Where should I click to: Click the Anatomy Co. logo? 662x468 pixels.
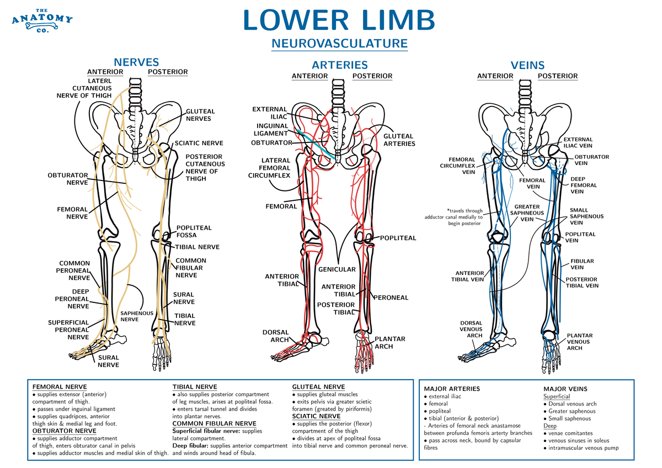pyautogui.click(x=42, y=21)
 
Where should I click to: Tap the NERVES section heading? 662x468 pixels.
pyautogui.click(x=136, y=62)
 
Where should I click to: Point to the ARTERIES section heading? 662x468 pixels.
pyautogui.click(x=340, y=65)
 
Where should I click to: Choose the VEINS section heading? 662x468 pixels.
pyautogui.click(x=527, y=65)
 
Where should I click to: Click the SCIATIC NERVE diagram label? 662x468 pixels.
pyautogui.click(x=199, y=143)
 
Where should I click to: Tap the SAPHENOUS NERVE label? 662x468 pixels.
pyautogui.click(x=130, y=316)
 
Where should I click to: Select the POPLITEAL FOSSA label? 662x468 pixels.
pyautogui.click(x=194, y=231)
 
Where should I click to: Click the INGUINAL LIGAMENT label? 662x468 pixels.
pyautogui.click(x=271, y=129)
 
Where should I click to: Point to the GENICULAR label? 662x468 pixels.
pyautogui.click(x=336, y=269)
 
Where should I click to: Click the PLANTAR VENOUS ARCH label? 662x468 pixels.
pyautogui.click(x=579, y=342)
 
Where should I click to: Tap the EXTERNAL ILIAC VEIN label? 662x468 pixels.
pyautogui.click(x=578, y=143)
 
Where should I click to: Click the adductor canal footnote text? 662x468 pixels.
pyautogui.click(x=453, y=217)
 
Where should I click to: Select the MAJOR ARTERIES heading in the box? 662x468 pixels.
pyautogui.click(x=451, y=389)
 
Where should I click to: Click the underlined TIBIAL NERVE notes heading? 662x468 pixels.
pyautogui.click(x=195, y=387)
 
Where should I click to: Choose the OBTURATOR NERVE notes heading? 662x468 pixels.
pyautogui.click(x=65, y=430)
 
